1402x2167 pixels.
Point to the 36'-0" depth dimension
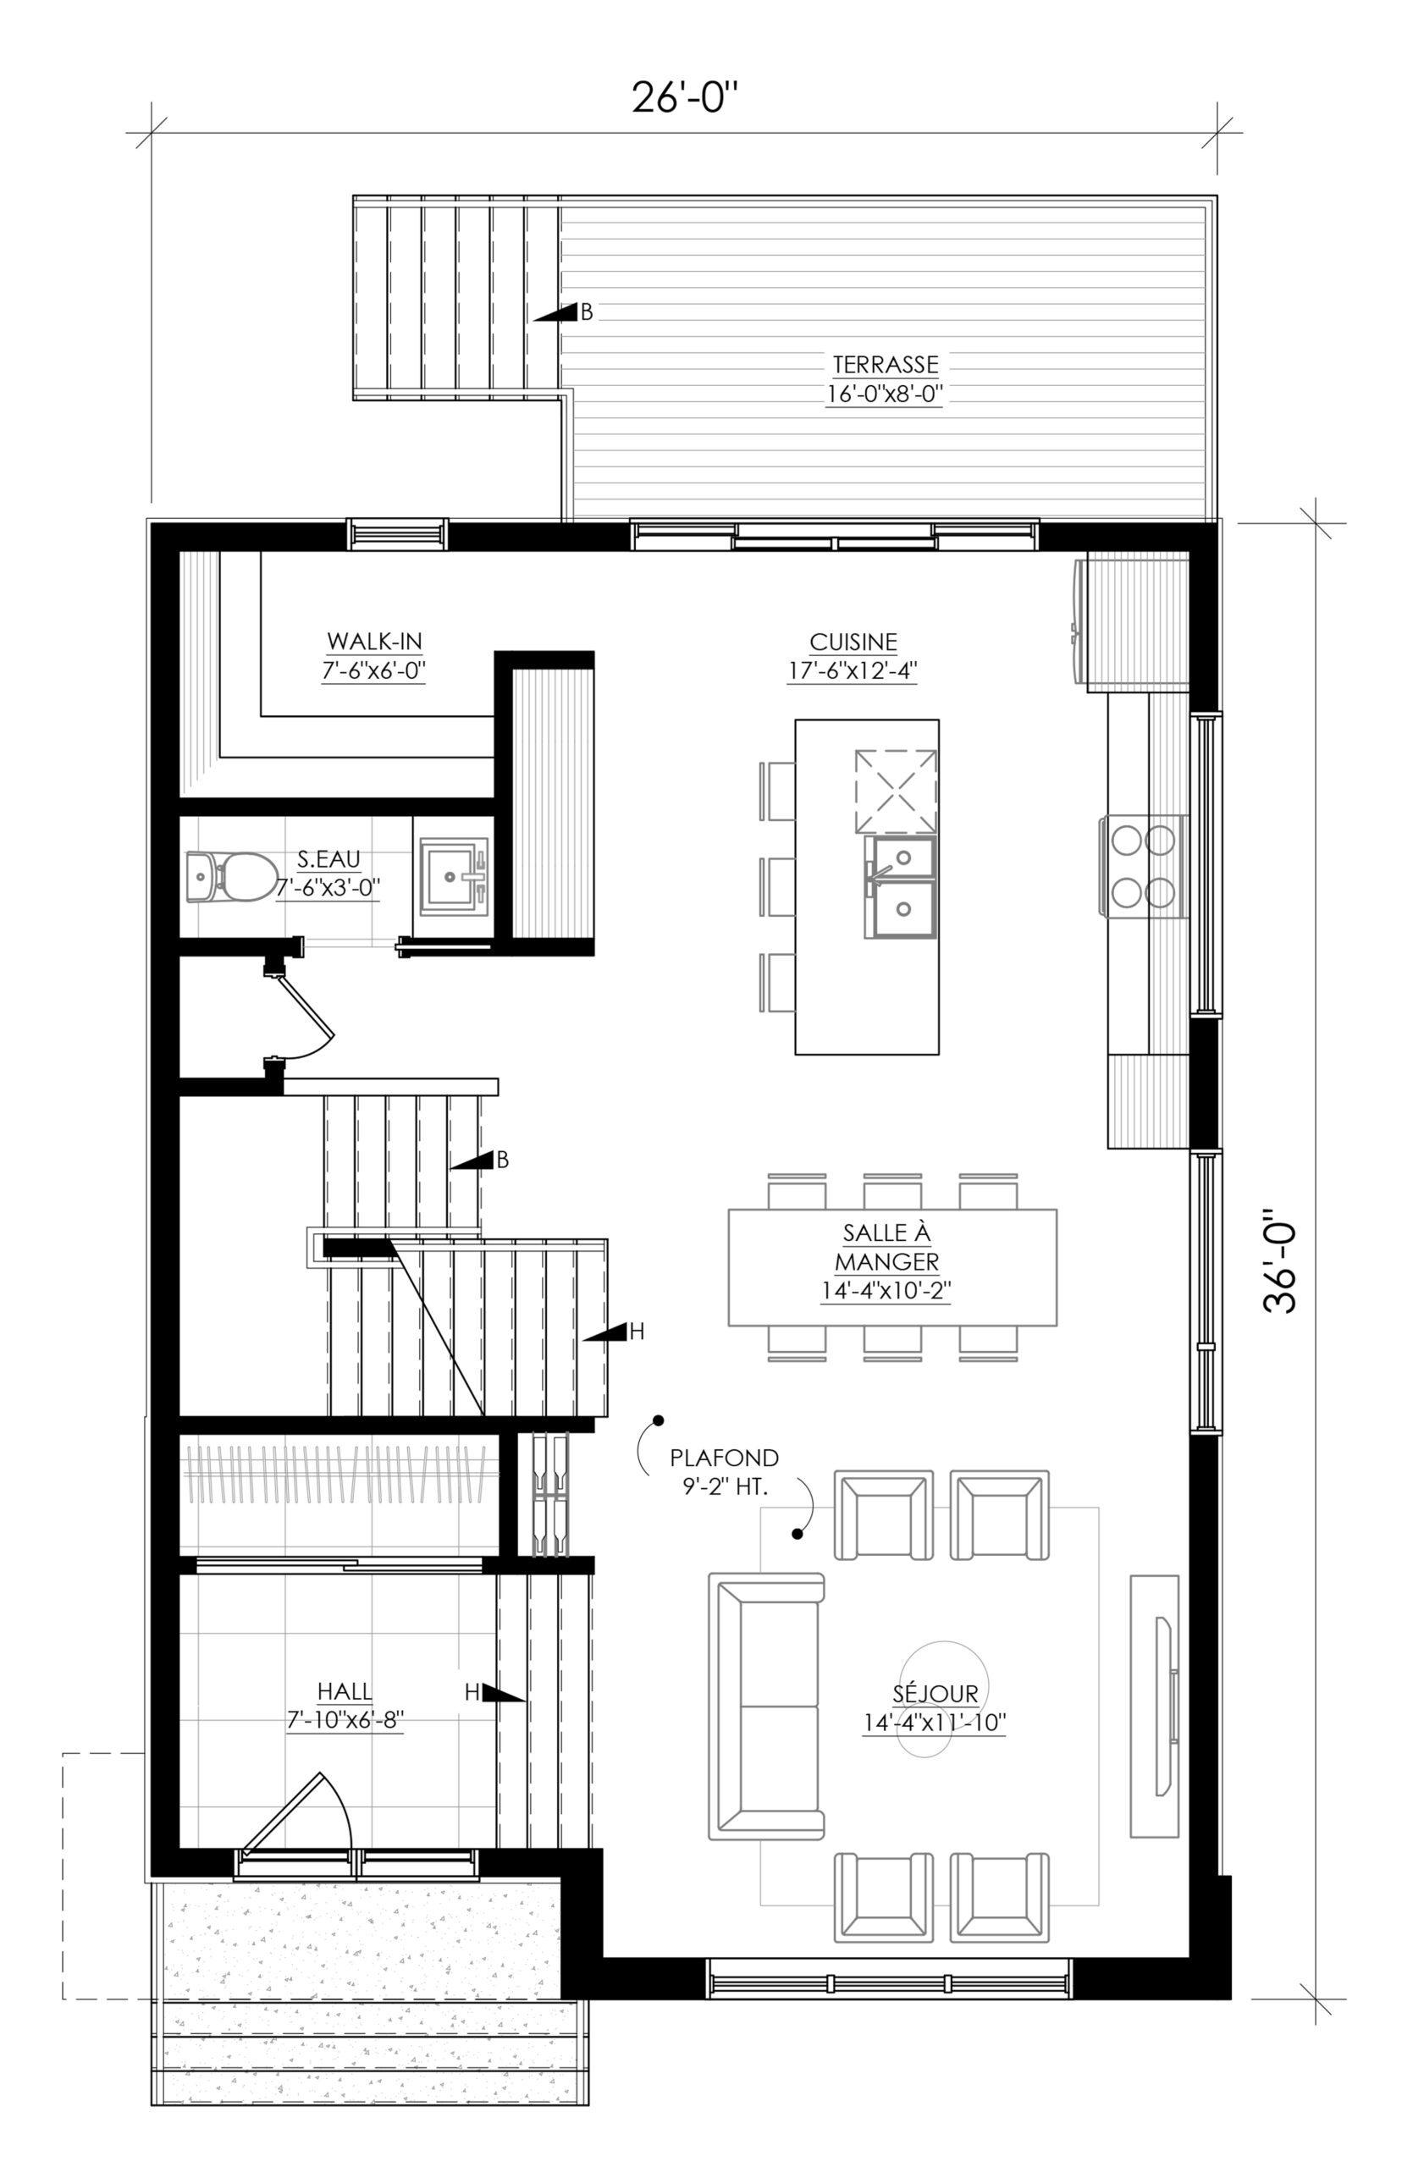1280,1260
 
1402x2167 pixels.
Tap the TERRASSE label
885,364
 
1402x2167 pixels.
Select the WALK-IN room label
374,641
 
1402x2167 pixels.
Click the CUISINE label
853,642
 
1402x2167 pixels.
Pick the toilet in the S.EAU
231,876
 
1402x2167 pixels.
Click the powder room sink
454,876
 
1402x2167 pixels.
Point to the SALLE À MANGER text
886,1247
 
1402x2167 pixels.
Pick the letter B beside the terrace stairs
588,312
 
